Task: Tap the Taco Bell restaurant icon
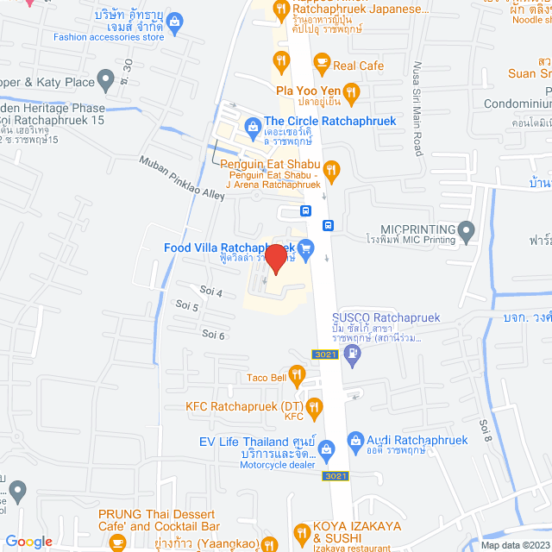[x=297, y=373]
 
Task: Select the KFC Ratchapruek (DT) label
[x=244, y=405]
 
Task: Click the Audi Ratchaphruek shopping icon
[x=354, y=441]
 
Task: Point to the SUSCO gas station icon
[x=353, y=353]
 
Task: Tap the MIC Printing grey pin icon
[x=467, y=229]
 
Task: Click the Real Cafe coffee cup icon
[x=321, y=61]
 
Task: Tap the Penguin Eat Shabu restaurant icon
[x=332, y=168]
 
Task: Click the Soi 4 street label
[x=211, y=293]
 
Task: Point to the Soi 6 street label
[x=213, y=334]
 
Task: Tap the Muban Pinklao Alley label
[x=182, y=177]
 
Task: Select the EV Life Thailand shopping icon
[x=325, y=448]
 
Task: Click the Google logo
[x=28, y=541]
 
